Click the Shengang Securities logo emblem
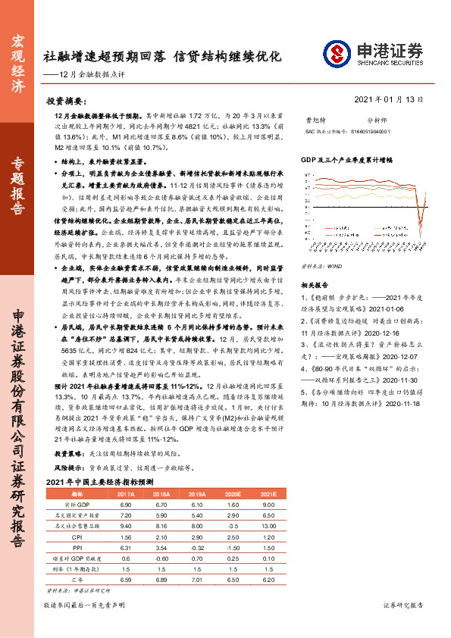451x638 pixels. [x=337, y=53]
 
